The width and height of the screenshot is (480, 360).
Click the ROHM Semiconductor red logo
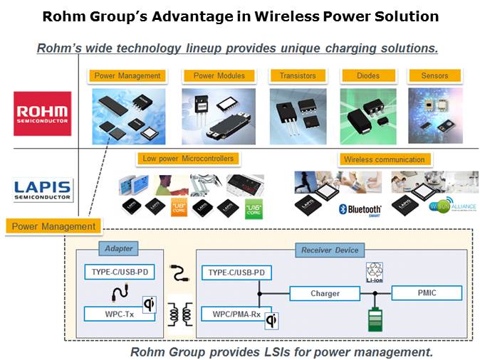(x=43, y=113)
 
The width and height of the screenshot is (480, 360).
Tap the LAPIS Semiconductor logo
(x=43, y=189)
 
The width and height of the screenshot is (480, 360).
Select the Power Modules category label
(x=219, y=75)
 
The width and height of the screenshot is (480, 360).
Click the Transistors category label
(x=297, y=75)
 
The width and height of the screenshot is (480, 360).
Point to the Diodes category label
(x=367, y=75)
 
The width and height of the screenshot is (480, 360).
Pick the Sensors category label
(x=434, y=75)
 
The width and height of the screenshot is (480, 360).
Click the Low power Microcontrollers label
(x=187, y=159)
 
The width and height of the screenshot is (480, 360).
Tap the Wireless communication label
(x=384, y=159)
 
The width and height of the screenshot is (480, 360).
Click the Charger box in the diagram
(x=325, y=293)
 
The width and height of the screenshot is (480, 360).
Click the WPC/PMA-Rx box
(x=232, y=313)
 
